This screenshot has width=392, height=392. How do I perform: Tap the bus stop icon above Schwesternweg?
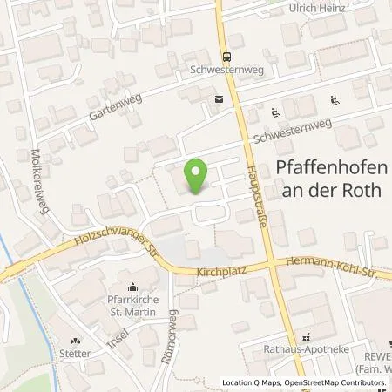[x=226, y=51]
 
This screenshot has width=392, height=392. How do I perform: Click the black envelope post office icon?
[x=219, y=99]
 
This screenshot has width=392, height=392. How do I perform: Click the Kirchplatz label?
[x=223, y=273]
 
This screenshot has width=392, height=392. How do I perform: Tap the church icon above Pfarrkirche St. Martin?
[x=133, y=287]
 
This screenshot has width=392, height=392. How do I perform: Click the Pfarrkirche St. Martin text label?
[x=132, y=308]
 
